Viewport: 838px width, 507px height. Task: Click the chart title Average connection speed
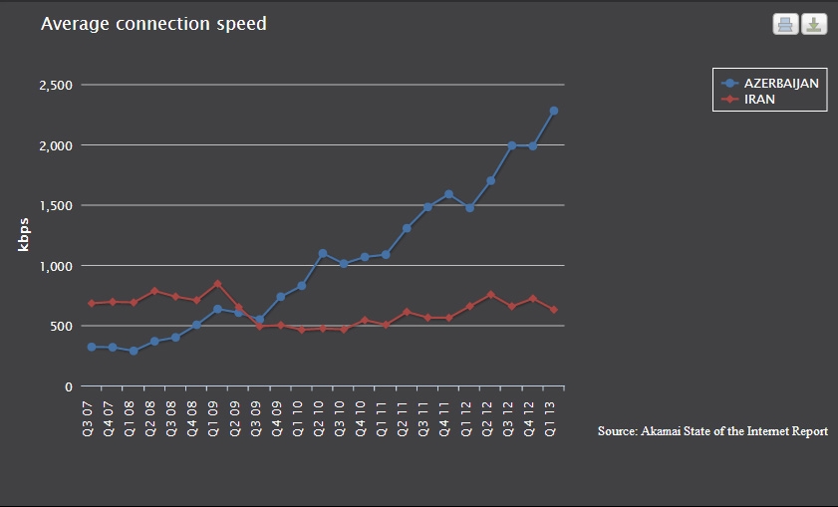click(153, 24)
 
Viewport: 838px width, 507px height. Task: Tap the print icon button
click(785, 24)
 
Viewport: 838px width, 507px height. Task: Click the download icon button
click(814, 24)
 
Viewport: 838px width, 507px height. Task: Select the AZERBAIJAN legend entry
click(770, 84)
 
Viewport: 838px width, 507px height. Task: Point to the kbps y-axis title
click(23, 234)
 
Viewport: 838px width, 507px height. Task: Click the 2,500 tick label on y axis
click(56, 85)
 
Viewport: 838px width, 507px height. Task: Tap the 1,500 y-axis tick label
click(56, 205)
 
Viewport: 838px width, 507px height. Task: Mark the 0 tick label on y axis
click(69, 386)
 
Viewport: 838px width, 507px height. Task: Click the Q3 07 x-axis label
click(88, 419)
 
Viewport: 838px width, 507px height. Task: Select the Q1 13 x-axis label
click(550, 419)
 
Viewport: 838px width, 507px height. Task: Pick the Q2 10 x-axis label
click(319, 419)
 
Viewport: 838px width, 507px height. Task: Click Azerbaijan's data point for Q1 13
click(554, 111)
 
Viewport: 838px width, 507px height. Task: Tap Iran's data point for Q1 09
click(217, 284)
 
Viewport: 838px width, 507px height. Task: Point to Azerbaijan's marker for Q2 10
click(322, 253)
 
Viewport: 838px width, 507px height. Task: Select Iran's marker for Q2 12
click(490, 295)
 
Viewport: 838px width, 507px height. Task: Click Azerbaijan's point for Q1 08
click(134, 351)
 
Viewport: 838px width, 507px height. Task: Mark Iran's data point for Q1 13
click(554, 310)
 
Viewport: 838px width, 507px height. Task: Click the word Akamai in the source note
click(661, 431)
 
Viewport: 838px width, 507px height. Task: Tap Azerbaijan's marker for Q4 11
click(448, 194)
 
